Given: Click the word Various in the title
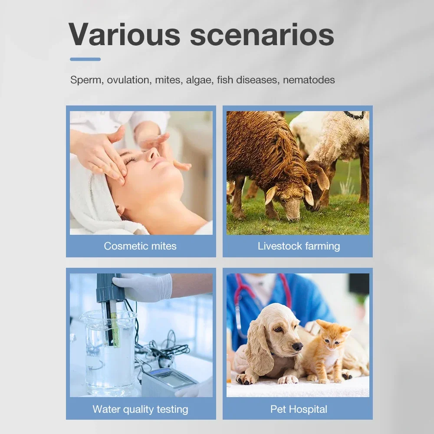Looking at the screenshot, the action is [124, 35].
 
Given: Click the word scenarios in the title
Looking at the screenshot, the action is [262, 35].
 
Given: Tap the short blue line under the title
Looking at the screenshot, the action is [85, 59].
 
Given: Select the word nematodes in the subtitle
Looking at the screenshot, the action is [309, 80].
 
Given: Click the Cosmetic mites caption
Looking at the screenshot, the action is [140, 246].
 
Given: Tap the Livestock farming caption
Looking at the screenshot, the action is [299, 246].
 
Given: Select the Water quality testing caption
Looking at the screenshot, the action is [140, 409].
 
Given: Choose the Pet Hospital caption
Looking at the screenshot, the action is [299, 409].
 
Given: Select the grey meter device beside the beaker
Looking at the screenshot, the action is [168, 381].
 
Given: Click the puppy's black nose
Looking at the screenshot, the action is [297, 346].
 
